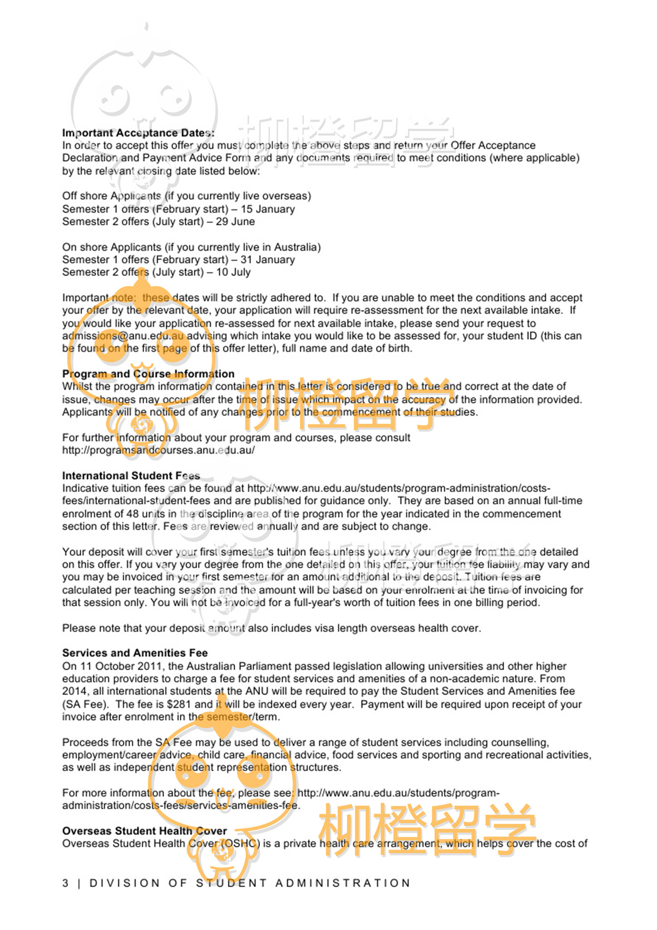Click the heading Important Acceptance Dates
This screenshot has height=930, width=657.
[x=138, y=133]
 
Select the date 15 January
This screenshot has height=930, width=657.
[x=267, y=209]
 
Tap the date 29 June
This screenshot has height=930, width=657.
[x=235, y=222]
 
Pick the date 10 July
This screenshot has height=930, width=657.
[x=233, y=272]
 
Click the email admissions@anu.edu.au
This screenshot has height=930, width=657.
[x=123, y=336]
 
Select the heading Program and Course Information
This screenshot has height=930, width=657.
[x=148, y=374]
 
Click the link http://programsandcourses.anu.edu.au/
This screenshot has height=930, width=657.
[x=158, y=450]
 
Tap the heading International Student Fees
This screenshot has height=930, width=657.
[x=131, y=476]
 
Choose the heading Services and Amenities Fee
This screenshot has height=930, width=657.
[x=135, y=653]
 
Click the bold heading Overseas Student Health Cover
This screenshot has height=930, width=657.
[x=145, y=831]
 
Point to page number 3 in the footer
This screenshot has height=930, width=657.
[x=66, y=883]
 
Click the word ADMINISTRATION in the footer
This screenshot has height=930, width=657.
[x=343, y=883]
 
